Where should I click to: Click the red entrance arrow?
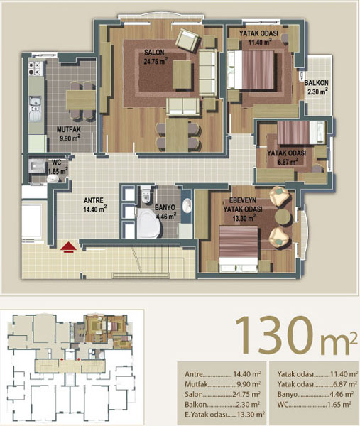tap(68, 247)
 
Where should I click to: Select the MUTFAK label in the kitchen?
tap(68, 129)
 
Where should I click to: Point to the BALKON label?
tap(316, 82)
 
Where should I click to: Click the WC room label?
tap(57, 163)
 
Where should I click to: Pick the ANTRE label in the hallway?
tap(94, 200)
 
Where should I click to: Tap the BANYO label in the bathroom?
tap(165, 207)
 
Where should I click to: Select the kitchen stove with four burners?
tap(36, 68)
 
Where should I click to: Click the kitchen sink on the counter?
tap(36, 104)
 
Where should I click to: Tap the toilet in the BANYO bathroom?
tap(146, 194)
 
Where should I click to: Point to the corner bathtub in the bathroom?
tap(148, 223)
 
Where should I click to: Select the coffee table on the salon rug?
tap(182, 75)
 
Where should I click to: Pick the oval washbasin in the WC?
tap(53, 178)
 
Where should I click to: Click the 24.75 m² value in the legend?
tap(246, 394)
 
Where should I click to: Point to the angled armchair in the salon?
tap(188, 40)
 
